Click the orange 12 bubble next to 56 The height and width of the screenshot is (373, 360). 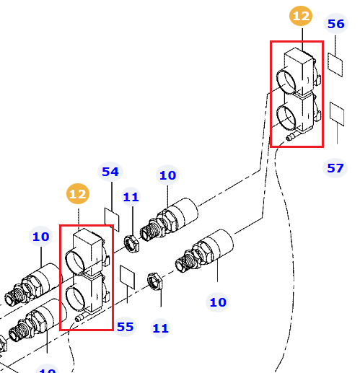point(301,16)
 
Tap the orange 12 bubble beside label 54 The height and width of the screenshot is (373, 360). point(78,194)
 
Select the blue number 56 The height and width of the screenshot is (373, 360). point(336,24)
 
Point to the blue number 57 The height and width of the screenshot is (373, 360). point(335,168)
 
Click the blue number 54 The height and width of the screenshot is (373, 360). point(110,172)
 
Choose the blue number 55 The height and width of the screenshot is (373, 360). point(125,327)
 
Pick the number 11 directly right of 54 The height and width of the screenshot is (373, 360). point(131,197)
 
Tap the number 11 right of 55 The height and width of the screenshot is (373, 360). point(160,328)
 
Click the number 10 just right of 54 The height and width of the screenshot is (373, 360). point(167,175)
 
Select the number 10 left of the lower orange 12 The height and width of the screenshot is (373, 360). point(40,237)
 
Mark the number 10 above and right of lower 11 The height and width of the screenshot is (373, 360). point(218,302)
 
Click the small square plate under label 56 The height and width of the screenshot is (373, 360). point(335,65)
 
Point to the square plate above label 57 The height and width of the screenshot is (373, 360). point(337,114)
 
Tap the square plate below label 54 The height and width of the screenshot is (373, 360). point(112,220)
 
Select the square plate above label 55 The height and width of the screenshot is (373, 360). point(127,277)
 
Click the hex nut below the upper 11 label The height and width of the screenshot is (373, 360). point(131,244)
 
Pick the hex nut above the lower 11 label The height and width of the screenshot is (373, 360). point(155,281)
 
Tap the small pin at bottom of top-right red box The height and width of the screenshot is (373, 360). point(290,137)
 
